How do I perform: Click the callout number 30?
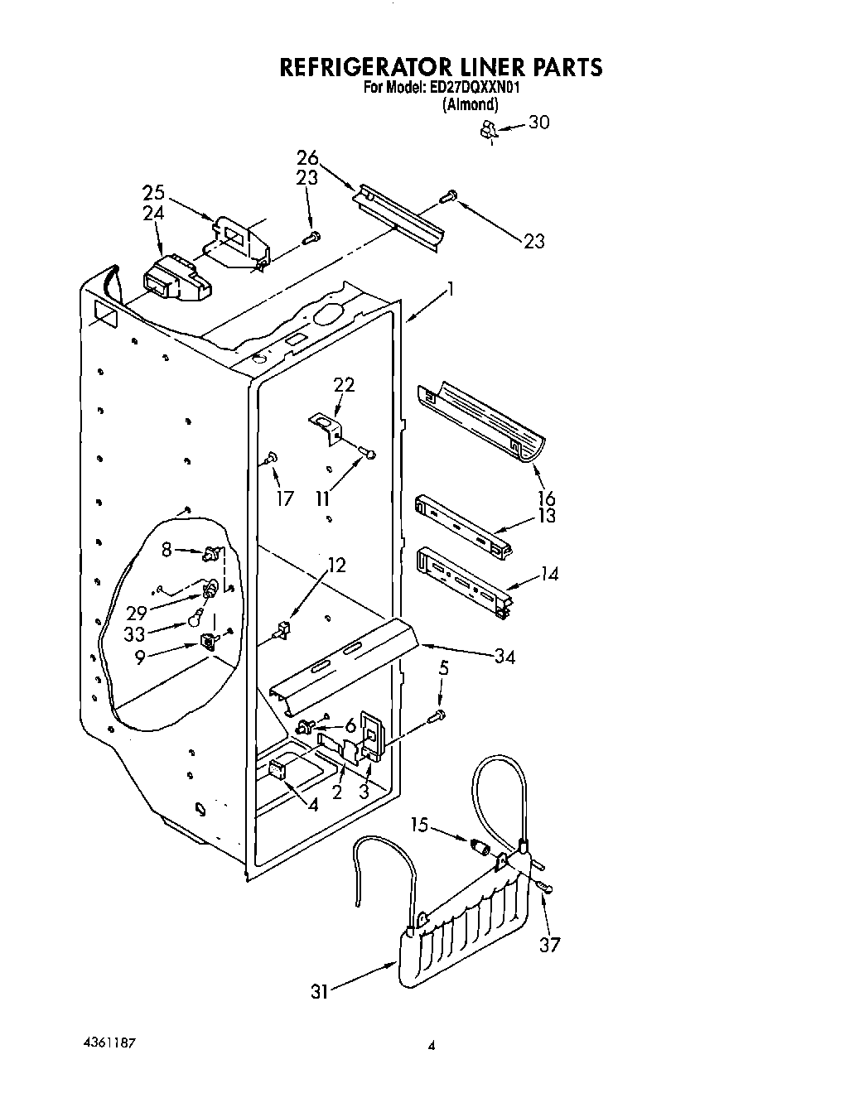click(x=538, y=123)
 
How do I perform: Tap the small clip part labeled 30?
click(x=489, y=129)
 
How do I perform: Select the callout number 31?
click(x=320, y=990)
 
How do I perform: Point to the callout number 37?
click(x=549, y=945)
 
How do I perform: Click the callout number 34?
click(x=504, y=657)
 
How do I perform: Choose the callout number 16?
click(x=547, y=498)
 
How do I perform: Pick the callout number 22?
click(x=344, y=384)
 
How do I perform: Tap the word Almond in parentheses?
click(x=471, y=104)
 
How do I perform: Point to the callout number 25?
click(x=153, y=194)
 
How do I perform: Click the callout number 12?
click(x=336, y=566)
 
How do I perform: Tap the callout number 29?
click(x=137, y=614)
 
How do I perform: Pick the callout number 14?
click(x=549, y=572)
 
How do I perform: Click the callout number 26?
click(x=307, y=158)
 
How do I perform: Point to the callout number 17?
click(x=285, y=499)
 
